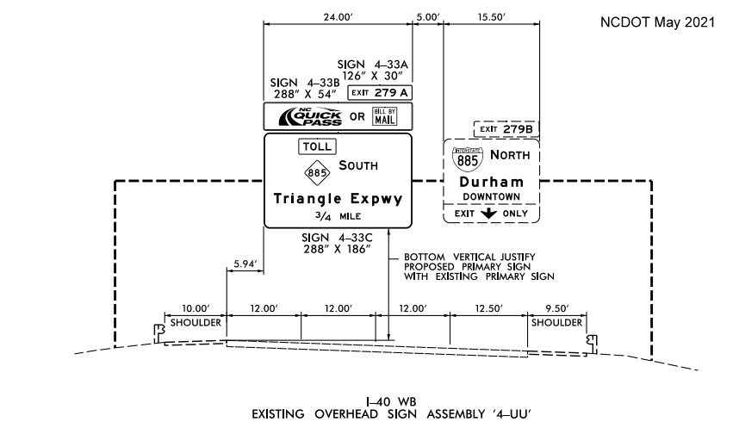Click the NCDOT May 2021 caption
[x=657, y=22]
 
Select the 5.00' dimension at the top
[x=427, y=16]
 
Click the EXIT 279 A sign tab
[x=380, y=92]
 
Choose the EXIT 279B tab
[x=506, y=129]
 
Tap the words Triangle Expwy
[x=338, y=199]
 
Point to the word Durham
[x=492, y=183]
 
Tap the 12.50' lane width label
[x=488, y=308]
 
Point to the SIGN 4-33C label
[x=338, y=237]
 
